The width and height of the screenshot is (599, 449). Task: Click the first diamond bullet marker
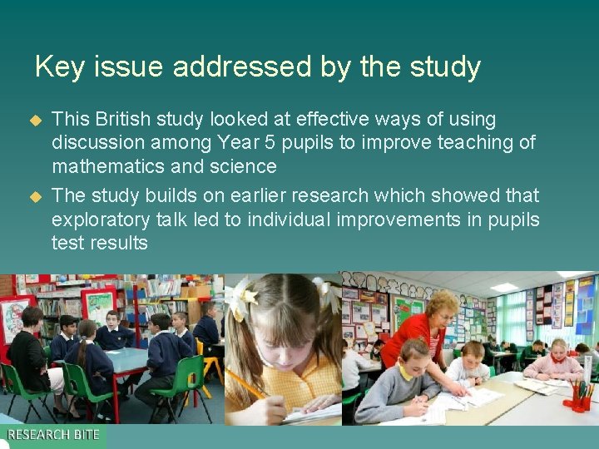point(35,120)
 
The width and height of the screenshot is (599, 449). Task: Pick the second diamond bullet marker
point(35,196)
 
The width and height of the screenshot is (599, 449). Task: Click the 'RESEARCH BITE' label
point(53,435)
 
